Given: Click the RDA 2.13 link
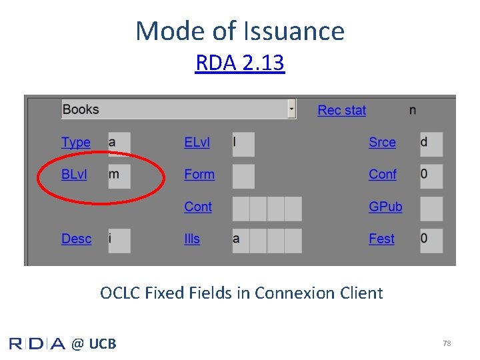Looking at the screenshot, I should pos(240,63).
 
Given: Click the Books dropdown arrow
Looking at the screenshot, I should pos(291,109).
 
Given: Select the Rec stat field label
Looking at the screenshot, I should pos(341,110).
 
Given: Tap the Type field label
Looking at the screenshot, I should pos(75,142).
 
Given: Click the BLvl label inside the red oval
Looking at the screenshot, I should pos(74,174).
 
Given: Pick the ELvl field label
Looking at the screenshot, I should pos(197,142).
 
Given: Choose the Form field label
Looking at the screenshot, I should pos(199,174).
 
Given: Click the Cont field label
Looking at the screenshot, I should pos(198,207).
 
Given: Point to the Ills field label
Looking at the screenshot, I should pos(192,239).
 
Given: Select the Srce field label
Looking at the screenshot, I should pos(382,142).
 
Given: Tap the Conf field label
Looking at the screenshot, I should pos(383,174).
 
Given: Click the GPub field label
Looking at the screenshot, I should pos(385,207).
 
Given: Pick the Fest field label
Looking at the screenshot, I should pos(382,239).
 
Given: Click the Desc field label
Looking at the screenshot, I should pos(77,239).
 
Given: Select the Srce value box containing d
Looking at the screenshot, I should pos(431,144).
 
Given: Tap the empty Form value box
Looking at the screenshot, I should pos(243,176).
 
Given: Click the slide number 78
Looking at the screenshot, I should pos(447,343).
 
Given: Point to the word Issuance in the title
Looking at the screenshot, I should pos(294,31).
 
